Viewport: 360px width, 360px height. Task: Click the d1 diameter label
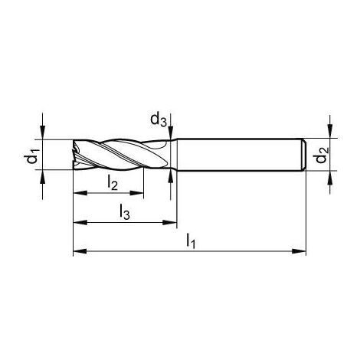pyautogui.click(x=31, y=155)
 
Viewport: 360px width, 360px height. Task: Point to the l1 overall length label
pyautogui.click(x=191, y=242)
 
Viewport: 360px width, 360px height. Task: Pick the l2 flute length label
pyautogui.click(x=112, y=182)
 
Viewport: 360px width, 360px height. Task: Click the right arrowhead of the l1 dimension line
pyautogui.click(x=301, y=250)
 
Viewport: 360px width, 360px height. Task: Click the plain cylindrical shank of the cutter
pyautogui.click(x=237, y=155)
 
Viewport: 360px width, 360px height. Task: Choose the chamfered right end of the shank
pyautogui.click(x=303, y=155)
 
